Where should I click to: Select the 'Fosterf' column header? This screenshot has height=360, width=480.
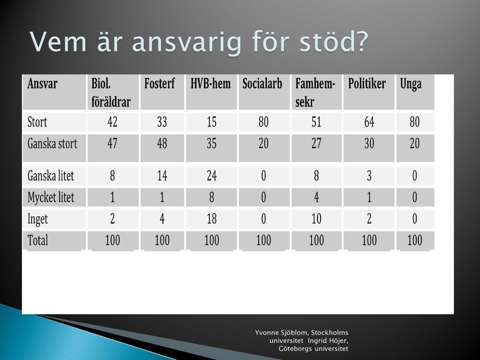[x=159, y=83]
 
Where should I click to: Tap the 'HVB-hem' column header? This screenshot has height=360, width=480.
[x=210, y=83]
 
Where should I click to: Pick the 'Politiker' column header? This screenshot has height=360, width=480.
[x=366, y=83]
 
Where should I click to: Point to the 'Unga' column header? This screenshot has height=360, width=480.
[x=411, y=84]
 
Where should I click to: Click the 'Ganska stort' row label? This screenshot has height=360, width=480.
[x=52, y=143]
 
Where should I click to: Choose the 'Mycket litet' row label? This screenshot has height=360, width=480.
[x=51, y=197]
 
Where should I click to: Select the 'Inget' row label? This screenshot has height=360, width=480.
[x=37, y=219]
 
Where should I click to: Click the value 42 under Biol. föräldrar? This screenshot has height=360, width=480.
[x=112, y=122]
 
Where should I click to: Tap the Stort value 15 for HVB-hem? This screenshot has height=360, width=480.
[x=211, y=122]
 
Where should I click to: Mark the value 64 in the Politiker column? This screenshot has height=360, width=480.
[x=369, y=122]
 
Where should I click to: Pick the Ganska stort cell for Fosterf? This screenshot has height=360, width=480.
[x=162, y=143]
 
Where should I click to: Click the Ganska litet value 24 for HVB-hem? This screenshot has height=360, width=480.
[x=211, y=175]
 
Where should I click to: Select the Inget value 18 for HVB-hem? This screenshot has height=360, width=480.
[x=211, y=218]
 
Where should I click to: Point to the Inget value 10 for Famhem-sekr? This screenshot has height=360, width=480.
[x=316, y=218]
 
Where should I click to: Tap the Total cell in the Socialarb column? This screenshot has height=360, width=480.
[x=263, y=240]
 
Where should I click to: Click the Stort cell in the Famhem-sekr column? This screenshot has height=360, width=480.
[x=316, y=122]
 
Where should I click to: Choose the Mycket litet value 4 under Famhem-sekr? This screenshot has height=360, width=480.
[x=316, y=197]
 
